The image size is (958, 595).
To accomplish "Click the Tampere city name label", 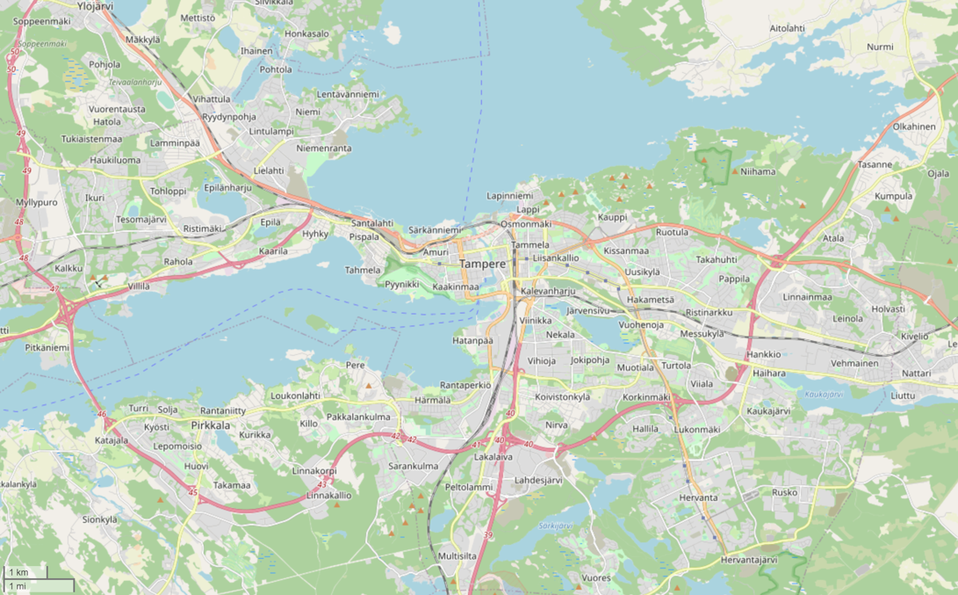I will tap(482, 264).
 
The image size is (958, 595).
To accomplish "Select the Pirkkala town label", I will tap(210, 425).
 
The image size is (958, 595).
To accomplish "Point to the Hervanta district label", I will tap(698, 497).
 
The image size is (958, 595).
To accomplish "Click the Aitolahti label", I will tap(787, 28).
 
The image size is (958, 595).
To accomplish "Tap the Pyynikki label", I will tap(402, 284).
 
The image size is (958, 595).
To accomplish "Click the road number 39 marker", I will tap(488, 535).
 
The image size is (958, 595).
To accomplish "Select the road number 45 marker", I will tap(192, 492).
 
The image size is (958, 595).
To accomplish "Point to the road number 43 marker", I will tap(322, 484).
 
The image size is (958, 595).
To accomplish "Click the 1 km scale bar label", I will tap(18, 572).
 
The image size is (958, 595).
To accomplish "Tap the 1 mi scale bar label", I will tap(17, 586).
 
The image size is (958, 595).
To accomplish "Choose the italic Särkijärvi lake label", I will tap(555, 526).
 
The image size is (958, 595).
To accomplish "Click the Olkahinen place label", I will tap(913, 127).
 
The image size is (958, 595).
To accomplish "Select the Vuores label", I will tap(595, 577).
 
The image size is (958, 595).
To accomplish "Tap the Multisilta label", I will tap(457, 556).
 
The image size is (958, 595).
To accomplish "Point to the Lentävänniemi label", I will tap(347, 94).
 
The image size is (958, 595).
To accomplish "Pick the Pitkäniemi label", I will tap(47, 347).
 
